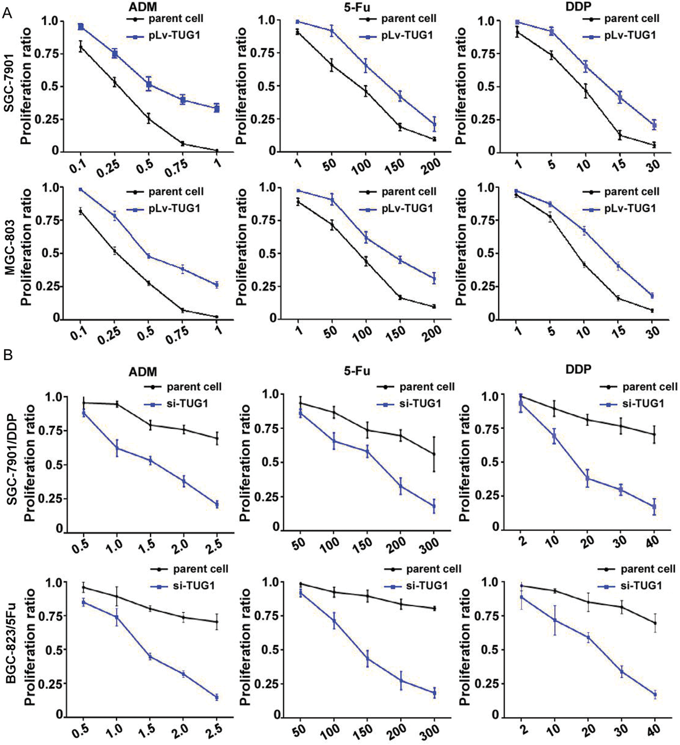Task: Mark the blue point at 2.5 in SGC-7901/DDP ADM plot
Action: (217, 504)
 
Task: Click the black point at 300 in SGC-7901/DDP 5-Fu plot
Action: (434, 454)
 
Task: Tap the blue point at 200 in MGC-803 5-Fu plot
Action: (434, 278)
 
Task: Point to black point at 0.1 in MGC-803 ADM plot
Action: (80, 212)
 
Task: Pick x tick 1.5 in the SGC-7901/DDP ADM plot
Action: (148, 545)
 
